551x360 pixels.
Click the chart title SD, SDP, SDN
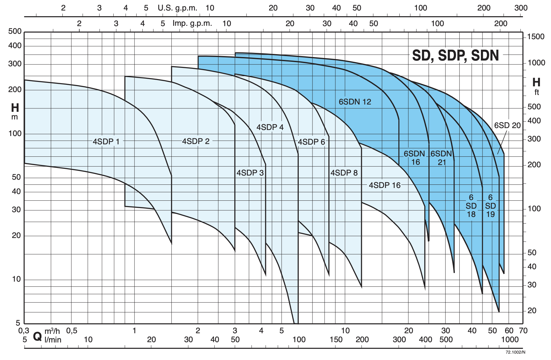pos(455,55)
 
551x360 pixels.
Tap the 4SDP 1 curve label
pos(106,141)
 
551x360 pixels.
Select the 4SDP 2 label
pos(196,141)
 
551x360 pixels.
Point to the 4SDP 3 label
pos(250,173)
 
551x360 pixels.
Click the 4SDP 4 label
pos(270,127)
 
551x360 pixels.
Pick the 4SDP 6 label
pos(311,142)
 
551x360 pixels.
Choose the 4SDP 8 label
pos(344,173)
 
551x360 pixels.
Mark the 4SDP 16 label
pos(384,185)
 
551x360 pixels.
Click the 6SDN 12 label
pos(355,102)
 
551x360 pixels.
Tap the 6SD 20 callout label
pos(507,126)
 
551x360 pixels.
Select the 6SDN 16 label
pos(415,158)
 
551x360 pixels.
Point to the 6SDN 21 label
pos(441,158)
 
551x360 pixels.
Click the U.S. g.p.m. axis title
pos(177,8)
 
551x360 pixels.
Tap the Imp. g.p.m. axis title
pos(192,23)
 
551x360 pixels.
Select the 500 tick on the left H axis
pos(15,31)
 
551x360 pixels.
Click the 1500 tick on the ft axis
pos(536,37)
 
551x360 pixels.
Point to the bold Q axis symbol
pos(37,336)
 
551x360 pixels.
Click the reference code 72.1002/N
pos(515,352)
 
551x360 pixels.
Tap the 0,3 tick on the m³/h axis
pos(24,331)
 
